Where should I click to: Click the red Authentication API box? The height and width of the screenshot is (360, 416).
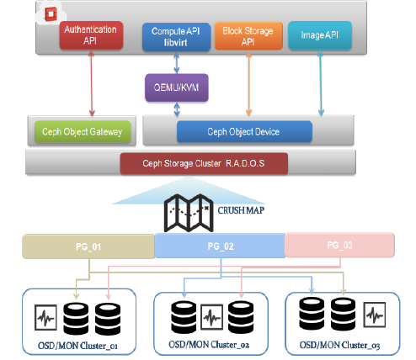click(x=91, y=35)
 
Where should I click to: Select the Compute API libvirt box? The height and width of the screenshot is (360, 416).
click(x=176, y=37)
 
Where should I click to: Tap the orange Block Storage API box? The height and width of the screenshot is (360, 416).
click(x=248, y=36)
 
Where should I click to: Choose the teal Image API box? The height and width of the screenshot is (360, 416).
click(x=320, y=35)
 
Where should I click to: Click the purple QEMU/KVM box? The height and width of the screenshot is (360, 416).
click(x=177, y=87)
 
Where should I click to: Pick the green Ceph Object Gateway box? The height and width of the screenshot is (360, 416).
click(x=83, y=132)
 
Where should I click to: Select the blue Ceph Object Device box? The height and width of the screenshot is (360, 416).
click(x=244, y=132)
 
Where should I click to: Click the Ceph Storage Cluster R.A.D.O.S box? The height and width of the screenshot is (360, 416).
click(x=204, y=163)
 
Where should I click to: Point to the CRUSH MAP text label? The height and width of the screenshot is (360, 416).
click(x=241, y=210)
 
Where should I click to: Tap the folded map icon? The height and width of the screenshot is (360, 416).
click(x=189, y=213)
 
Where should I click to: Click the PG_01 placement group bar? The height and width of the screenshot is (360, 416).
click(x=88, y=246)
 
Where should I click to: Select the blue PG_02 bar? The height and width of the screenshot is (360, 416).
click(x=220, y=246)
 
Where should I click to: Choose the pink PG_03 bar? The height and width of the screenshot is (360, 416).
click(x=339, y=245)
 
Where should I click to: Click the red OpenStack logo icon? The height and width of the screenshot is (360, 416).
click(x=51, y=13)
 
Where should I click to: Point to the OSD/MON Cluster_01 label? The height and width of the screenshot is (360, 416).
click(x=77, y=346)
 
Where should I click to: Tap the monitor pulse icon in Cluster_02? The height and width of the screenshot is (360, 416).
click(x=212, y=317)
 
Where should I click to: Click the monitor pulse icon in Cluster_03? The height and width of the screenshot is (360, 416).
click(x=375, y=315)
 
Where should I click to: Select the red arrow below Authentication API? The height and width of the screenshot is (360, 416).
click(x=92, y=83)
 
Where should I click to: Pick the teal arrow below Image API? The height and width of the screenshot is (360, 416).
click(x=321, y=82)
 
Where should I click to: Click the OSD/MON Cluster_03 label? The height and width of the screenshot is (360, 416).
click(x=339, y=345)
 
